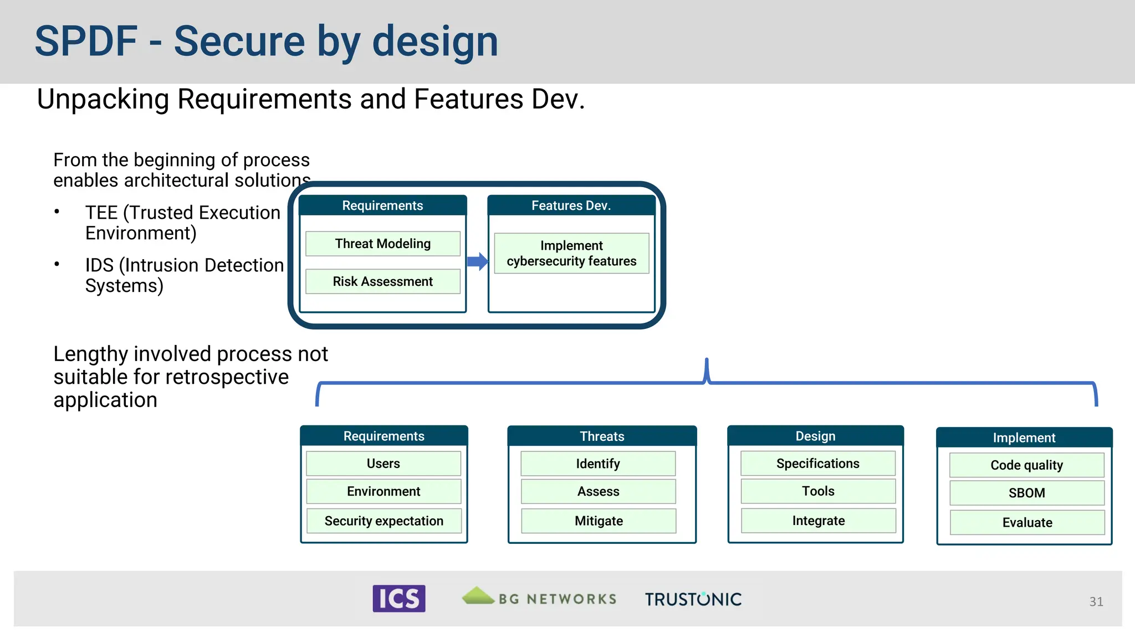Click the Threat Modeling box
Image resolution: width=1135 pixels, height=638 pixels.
click(x=383, y=244)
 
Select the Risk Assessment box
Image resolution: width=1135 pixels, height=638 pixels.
click(x=383, y=281)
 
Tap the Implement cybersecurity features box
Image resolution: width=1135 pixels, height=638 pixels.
click(x=571, y=253)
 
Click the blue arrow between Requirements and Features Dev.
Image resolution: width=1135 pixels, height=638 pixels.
click(x=477, y=261)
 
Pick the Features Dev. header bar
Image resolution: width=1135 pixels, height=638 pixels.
click(x=571, y=205)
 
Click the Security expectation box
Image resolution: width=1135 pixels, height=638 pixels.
click(x=384, y=521)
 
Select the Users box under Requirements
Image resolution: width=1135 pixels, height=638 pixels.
click(x=384, y=464)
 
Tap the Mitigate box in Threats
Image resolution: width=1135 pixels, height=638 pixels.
click(x=599, y=521)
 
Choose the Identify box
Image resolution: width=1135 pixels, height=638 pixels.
click(x=598, y=464)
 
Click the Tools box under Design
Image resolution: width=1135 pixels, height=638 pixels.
click(x=818, y=491)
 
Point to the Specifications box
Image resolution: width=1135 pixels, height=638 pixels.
click(x=818, y=464)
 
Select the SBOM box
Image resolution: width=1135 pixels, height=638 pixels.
click(x=1027, y=493)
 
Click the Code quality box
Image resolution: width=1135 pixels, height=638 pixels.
click(x=1027, y=465)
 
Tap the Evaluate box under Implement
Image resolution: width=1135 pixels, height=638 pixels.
click(x=1027, y=523)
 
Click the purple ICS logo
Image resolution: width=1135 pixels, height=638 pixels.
click(x=399, y=599)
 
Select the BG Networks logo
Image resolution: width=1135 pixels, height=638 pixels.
click(x=539, y=598)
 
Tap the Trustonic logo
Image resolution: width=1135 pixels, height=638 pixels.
click(x=693, y=599)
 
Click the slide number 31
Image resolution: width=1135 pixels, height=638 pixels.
click(x=1096, y=601)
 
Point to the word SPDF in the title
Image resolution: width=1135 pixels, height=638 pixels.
click(x=86, y=42)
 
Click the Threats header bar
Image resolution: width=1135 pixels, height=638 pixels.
click(x=602, y=436)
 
